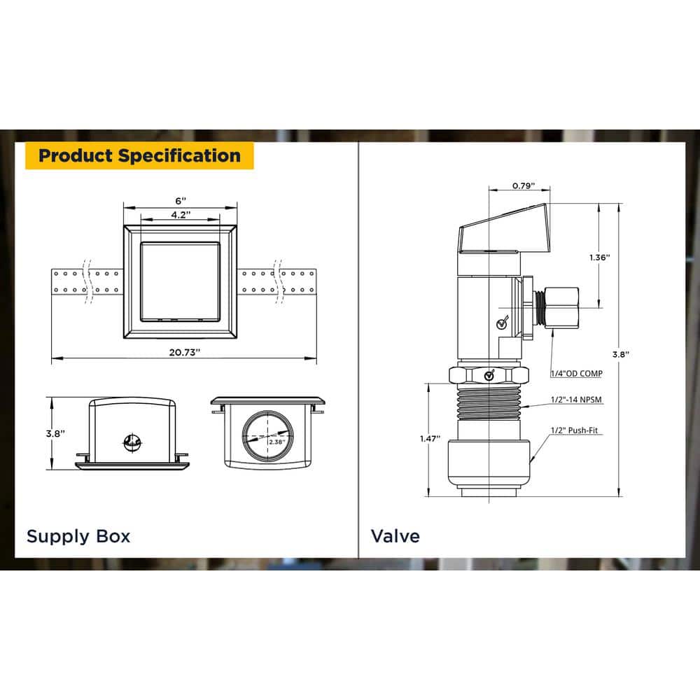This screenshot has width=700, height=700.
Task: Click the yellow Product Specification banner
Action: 139,156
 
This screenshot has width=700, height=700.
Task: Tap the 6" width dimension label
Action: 181,201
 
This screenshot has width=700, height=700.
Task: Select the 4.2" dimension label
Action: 181,215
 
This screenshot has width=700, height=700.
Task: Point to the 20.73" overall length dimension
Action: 184,352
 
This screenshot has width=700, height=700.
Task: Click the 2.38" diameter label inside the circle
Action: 276,442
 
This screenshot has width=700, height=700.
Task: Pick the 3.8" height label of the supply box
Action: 55,433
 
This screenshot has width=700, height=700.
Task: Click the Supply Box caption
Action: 78,536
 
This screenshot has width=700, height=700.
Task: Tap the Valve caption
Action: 395,536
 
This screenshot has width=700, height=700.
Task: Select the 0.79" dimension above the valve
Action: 523,185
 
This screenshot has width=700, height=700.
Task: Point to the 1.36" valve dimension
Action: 600,258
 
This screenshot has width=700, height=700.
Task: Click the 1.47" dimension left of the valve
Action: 430,438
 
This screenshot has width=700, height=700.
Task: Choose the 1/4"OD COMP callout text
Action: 576,373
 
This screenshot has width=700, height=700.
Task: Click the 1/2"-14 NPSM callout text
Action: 576,400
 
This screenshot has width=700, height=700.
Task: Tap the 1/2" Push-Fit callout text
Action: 574,430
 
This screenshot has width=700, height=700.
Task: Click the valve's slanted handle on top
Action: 503,229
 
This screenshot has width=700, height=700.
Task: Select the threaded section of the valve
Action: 489,402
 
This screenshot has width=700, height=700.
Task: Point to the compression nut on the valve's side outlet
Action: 561,307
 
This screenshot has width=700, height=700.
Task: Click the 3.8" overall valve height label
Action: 620,354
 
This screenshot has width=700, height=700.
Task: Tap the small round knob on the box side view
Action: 132,442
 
